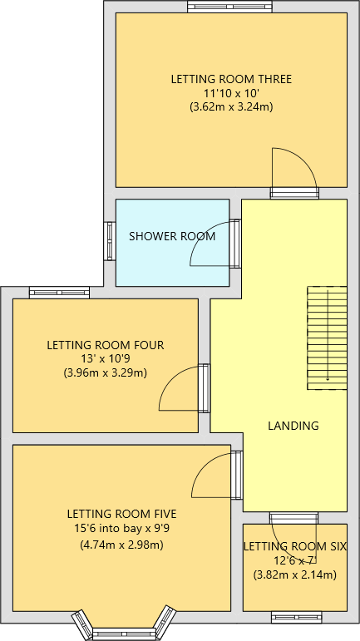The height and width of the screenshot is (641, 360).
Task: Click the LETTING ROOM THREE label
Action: click(x=231, y=80)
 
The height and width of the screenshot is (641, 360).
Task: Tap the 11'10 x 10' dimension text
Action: click(x=231, y=93)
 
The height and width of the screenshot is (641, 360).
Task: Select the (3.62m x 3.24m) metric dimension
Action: click(x=231, y=106)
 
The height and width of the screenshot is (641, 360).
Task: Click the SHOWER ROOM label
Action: click(x=172, y=236)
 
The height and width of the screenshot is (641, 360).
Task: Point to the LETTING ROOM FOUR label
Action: click(x=106, y=345)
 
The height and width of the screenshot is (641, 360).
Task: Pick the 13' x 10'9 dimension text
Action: click(x=106, y=358)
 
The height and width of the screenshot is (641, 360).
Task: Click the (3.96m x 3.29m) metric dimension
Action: click(x=106, y=372)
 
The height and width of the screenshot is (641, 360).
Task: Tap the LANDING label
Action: click(x=293, y=426)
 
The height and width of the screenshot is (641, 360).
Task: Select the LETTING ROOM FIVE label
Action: click(x=121, y=514)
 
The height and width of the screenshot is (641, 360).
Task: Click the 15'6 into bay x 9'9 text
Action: click(x=121, y=528)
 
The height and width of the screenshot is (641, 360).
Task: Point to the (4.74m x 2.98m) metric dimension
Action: click(x=121, y=545)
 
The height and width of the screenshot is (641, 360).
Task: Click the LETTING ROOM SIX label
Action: click(x=295, y=546)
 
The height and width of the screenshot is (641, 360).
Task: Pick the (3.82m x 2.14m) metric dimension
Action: click(x=295, y=574)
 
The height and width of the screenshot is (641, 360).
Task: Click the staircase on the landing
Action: click(x=327, y=338)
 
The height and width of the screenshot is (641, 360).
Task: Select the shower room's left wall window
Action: click(x=109, y=241)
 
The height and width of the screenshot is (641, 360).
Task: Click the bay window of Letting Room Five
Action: click(x=125, y=631)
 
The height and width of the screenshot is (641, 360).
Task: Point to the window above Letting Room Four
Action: click(x=59, y=292)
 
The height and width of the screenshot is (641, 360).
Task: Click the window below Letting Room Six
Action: click(x=296, y=617)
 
